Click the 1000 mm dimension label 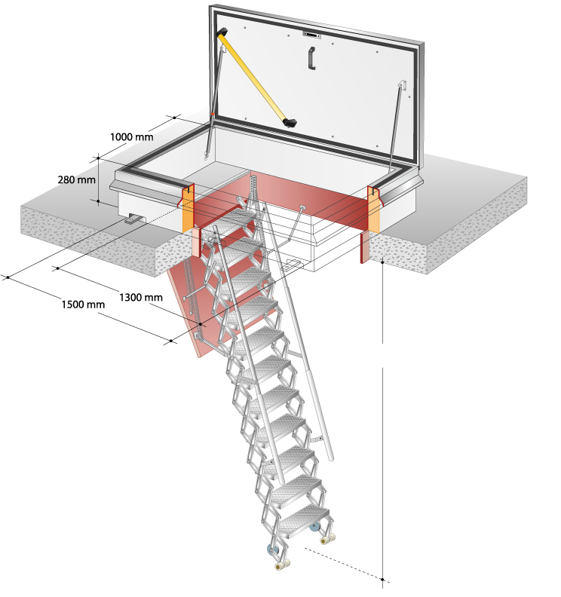132,136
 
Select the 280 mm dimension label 77,179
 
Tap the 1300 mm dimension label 141,297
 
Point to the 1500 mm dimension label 83,305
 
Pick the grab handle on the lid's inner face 311,58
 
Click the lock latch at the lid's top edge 311,35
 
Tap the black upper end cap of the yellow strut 222,32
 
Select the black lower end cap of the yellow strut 290,123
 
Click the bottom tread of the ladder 304,520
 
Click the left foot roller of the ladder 282,565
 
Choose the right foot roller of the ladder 328,539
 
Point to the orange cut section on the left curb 188,210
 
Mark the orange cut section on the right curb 373,210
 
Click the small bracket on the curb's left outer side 133,219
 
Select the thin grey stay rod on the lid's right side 396,126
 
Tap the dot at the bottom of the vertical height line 383,580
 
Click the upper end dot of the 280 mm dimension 98,158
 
